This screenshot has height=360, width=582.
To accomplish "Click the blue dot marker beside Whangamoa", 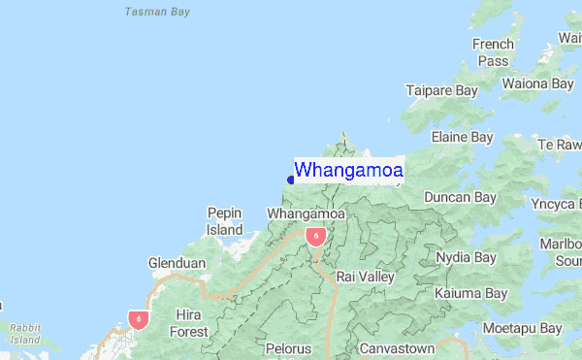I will pyautogui.click(x=291, y=179).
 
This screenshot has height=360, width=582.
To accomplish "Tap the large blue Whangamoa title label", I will pyautogui.click(x=349, y=170).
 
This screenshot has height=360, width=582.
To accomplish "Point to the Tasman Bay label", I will pyautogui.click(x=158, y=13).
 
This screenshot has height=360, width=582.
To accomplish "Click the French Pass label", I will pyautogui.click(x=492, y=52).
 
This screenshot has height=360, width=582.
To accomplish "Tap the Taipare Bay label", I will pyautogui.click(x=441, y=90).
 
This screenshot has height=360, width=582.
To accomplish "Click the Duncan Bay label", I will pyautogui.click(x=460, y=197).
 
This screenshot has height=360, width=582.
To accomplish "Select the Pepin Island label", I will pyautogui.click(x=224, y=221).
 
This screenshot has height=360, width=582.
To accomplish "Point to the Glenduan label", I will pyautogui.click(x=176, y=263).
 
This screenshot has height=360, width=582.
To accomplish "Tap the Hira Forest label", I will pyautogui.click(x=190, y=323).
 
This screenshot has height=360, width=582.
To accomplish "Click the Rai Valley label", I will pyautogui.click(x=365, y=277).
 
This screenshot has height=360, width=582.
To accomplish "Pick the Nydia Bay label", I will pyautogui.click(x=466, y=257).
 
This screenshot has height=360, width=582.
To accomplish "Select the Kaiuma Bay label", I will pyautogui.click(x=470, y=293).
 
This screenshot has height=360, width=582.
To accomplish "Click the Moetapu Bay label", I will pyautogui.click(x=523, y=329).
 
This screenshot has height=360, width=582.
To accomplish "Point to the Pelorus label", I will pyautogui.click(x=288, y=347).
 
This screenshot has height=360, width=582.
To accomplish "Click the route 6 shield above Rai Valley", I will pyautogui.click(x=315, y=236).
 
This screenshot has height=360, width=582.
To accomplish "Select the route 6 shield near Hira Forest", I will pyautogui.click(x=140, y=318).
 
